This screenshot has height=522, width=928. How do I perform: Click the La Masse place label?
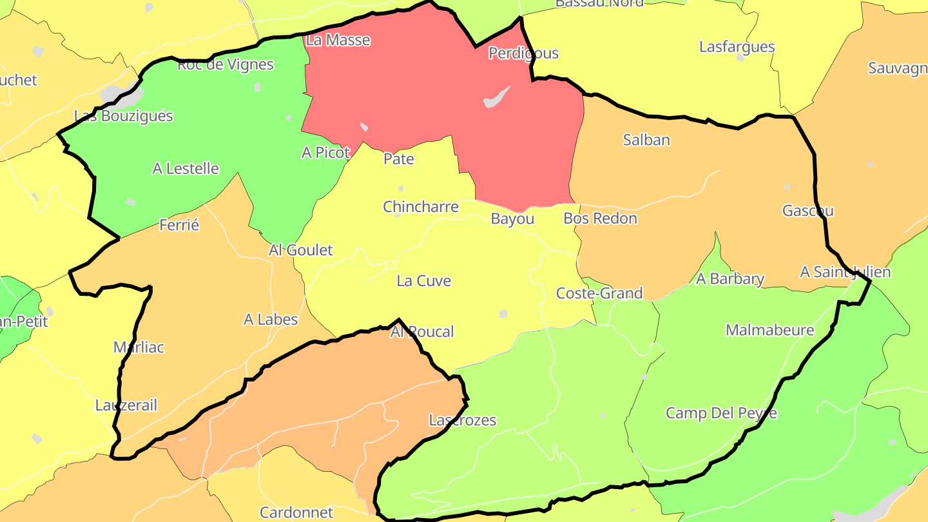click(x=338, y=40)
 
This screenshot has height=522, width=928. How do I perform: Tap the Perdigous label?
click(x=523, y=53)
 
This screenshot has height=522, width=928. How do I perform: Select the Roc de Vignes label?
click(x=226, y=64)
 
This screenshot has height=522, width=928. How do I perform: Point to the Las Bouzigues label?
click(x=124, y=116)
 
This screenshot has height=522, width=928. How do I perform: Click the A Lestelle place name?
click(x=186, y=169)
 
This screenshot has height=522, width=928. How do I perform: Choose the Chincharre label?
click(x=421, y=207)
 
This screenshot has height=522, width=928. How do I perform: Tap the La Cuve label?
click(x=424, y=281)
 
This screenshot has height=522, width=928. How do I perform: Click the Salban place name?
click(x=646, y=140)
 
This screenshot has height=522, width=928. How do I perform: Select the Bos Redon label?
click(x=600, y=218)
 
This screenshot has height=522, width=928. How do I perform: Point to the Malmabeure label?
click(x=770, y=331)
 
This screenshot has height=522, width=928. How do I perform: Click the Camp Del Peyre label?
click(x=721, y=413)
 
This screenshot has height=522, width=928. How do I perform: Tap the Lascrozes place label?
click(x=463, y=420)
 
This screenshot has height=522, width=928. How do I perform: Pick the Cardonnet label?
click(x=296, y=513)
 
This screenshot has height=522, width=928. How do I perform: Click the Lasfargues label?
click(x=737, y=47)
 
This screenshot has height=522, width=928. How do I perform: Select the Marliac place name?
click(x=139, y=347)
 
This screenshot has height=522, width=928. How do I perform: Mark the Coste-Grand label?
click(x=599, y=294)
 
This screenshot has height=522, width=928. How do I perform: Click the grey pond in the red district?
click(x=496, y=97)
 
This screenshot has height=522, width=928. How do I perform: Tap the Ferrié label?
click(x=179, y=226)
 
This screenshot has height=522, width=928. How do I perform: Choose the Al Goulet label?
click(x=301, y=250)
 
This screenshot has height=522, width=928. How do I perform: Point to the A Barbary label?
click(x=730, y=279)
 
